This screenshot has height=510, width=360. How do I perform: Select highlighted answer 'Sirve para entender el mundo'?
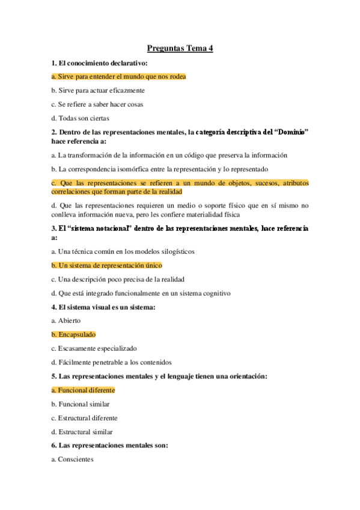[x=118, y=77]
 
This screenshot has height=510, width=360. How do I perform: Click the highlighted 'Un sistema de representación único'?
[x=106, y=265]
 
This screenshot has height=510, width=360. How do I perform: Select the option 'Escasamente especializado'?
[x=94, y=348]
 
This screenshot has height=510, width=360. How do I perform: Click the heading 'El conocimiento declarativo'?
[x=100, y=63]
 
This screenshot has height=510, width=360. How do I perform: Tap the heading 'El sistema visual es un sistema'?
[x=103, y=307]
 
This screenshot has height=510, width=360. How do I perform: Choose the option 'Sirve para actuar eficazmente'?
[x=97, y=91]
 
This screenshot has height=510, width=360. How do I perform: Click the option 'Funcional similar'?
[x=80, y=404]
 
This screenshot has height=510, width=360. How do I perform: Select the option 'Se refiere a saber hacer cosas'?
[x=97, y=105]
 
